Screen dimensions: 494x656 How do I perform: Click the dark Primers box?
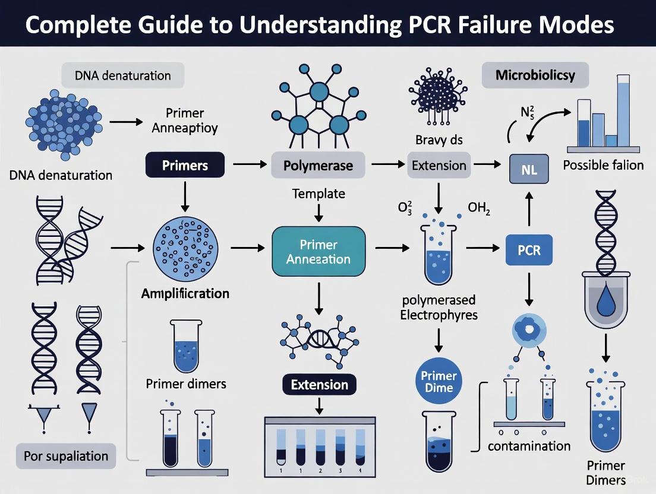pyautogui.click(x=185, y=166)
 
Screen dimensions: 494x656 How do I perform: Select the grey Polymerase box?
pyautogui.click(x=318, y=166)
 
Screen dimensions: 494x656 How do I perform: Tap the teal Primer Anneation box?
pyautogui.click(x=318, y=252)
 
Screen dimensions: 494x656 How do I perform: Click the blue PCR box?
pyautogui.click(x=529, y=250)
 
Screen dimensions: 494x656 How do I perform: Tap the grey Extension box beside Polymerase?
pyautogui.click(x=439, y=166)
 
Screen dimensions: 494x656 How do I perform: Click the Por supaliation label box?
pyautogui.click(x=65, y=456)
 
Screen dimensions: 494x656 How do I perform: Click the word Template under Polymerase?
pyautogui.click(x=318, y=194)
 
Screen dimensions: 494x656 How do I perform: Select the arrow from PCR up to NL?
pyautogui.click(x=529, y=208)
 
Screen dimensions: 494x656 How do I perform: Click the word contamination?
pyautogui.click(x=529, y=446)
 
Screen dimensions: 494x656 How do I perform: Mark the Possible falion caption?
pyautogui.click(x=603, y=164)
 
